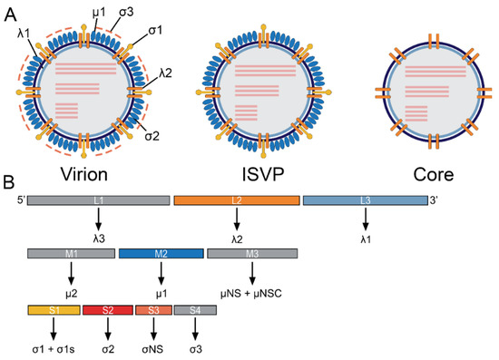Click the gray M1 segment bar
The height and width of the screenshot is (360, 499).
tap(71, 256)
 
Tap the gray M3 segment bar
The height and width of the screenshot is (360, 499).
tap(251, 256)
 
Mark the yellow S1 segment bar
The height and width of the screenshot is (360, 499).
tap(54, 310)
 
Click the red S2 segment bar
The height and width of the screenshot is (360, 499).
tap(107, 310)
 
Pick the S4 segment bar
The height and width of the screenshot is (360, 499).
tap(194, 310)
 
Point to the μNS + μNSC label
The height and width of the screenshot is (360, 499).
tap(251, 293)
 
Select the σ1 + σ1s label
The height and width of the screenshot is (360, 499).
tap(54, 347)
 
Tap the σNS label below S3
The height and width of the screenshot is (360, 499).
tap(152, 347)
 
